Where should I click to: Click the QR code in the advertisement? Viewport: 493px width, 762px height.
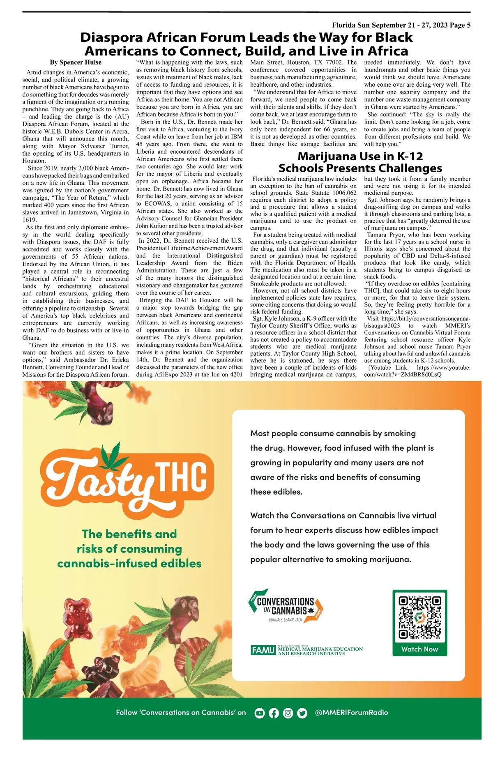(420, 617)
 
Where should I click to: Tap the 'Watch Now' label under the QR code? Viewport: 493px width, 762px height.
(420, 649)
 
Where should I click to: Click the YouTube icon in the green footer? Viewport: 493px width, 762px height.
(260, 713)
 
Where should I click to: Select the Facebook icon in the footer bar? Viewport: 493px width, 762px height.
(274, 713)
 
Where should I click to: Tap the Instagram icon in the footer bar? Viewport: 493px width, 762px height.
(288, 713)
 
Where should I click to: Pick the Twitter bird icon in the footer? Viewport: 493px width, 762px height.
(302, 713)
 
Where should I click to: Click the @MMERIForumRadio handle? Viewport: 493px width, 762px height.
(351, 712)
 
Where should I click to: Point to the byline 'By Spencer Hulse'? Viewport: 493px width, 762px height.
(76, 62)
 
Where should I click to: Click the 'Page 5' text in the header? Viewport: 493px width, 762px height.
(460, 25)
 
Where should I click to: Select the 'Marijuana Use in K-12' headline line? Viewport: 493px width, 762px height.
(360, 157)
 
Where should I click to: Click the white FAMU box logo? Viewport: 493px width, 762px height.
(263, 650)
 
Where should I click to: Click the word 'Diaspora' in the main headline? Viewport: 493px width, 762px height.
(111, 37)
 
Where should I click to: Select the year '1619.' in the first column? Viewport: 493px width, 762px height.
(30, 220)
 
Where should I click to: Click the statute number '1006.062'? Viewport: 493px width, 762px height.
(343, 193)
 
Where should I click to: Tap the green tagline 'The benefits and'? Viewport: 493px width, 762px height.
(129, 534)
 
